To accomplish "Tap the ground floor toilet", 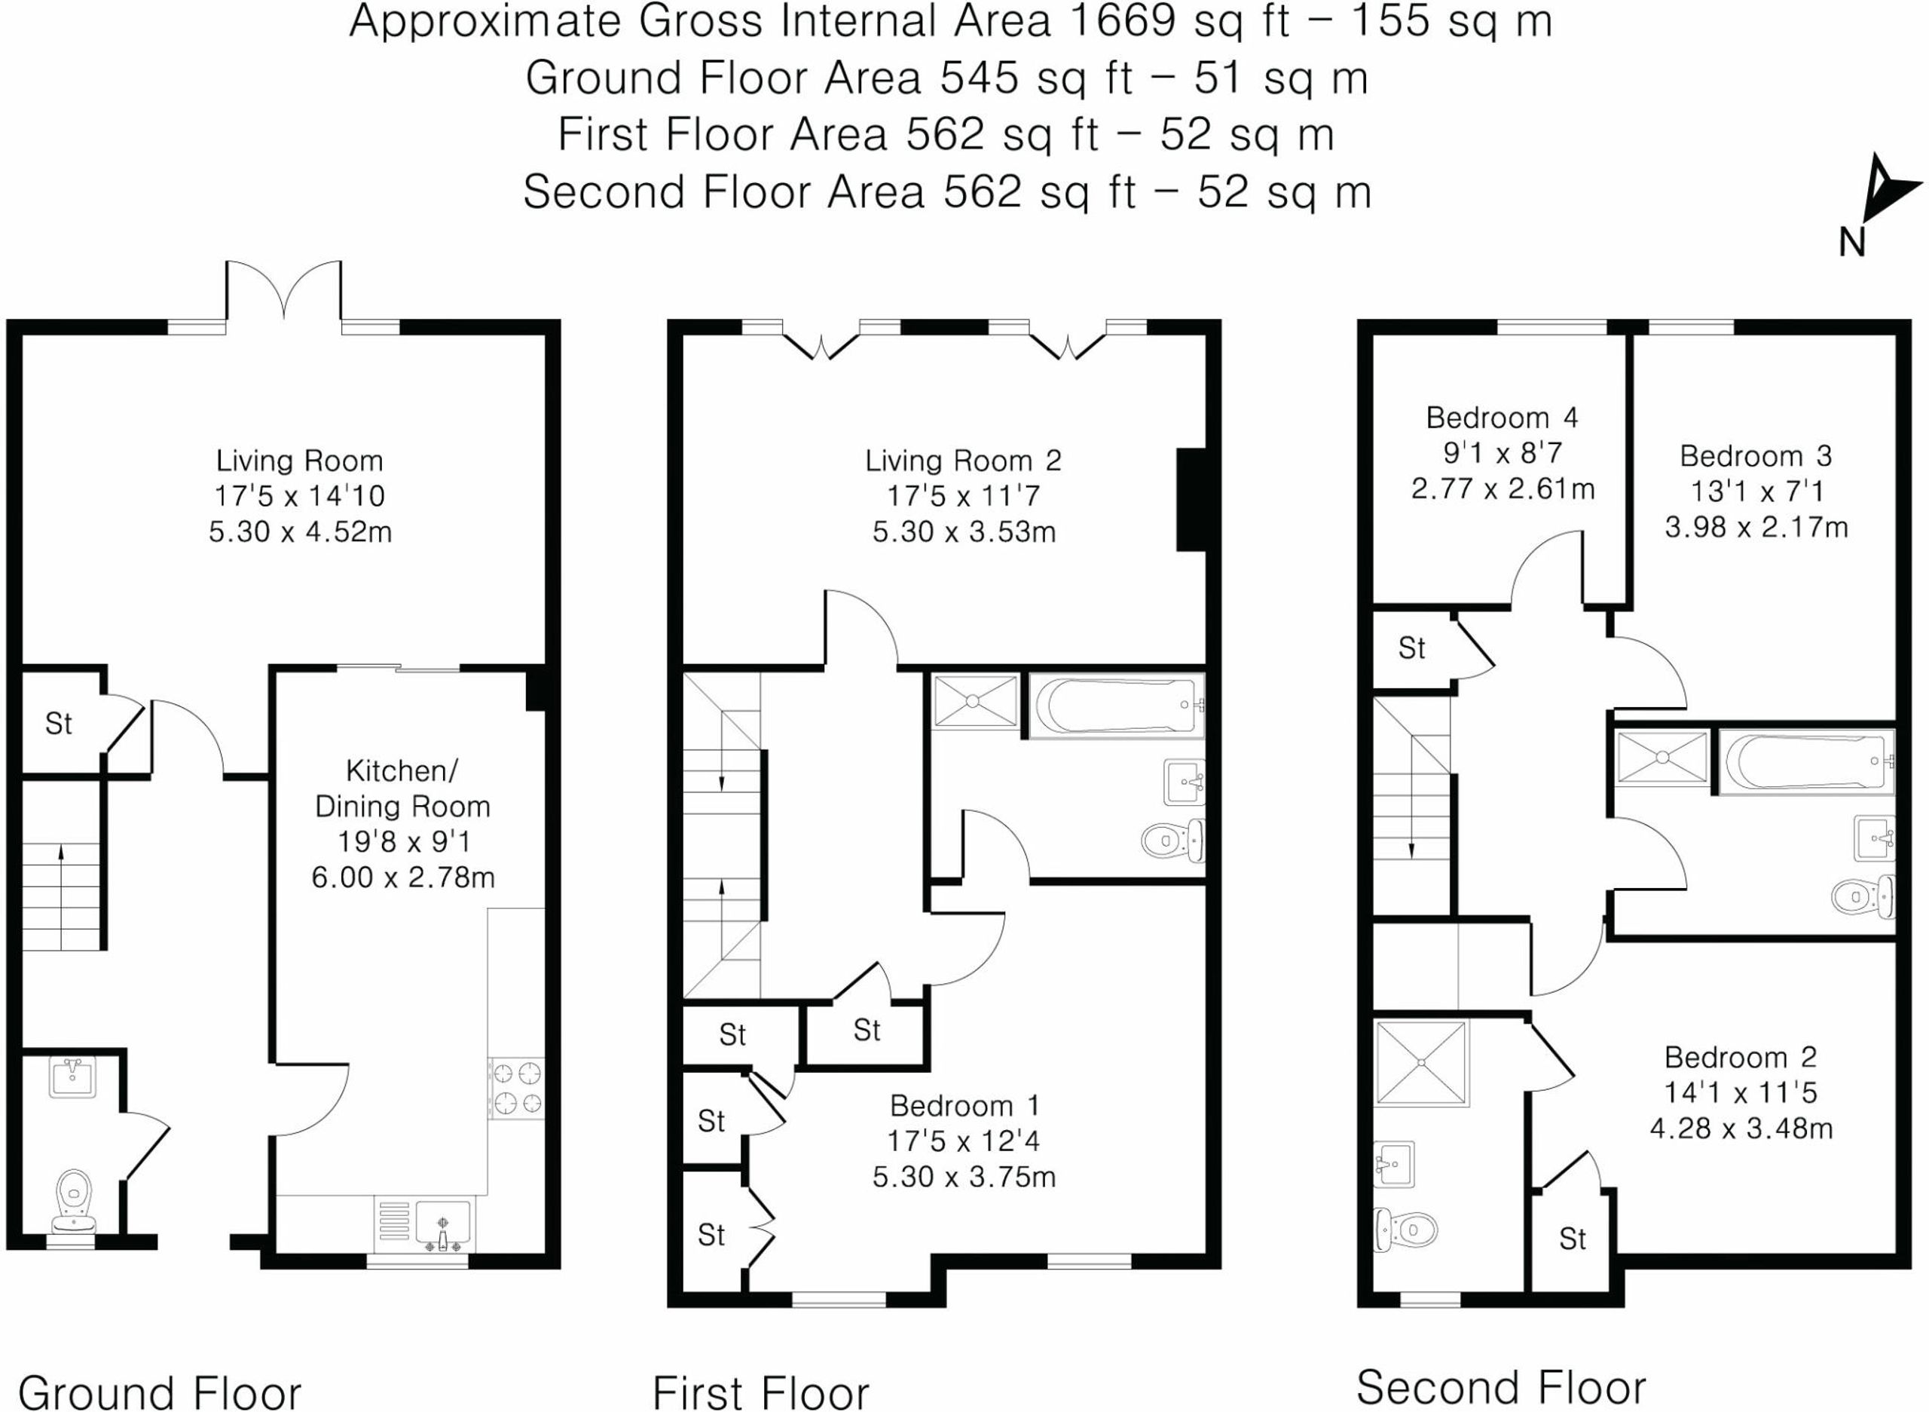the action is [x=75, y=1201].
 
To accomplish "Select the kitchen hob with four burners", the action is [x=516, y=1089].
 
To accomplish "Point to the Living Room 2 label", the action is [x=963, y=461].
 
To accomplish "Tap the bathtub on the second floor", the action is [x=1807, y=761].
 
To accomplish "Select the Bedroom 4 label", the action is [x=1502, y=417].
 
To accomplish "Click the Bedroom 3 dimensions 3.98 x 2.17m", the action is [x=1756, y=526].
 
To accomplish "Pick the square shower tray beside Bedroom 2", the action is [x=1423, y=1062].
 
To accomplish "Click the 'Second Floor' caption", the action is [x=1500, y=1387].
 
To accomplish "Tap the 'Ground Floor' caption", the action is [x=160, y=1392].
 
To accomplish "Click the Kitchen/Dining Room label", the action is [x=402, y=788].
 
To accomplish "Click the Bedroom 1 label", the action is [x=964, y=1105].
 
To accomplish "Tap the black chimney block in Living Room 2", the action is [x=1191, y=499].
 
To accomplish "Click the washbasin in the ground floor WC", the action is [x=74, y=1077].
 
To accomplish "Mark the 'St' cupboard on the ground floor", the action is [x=58, y=724].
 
